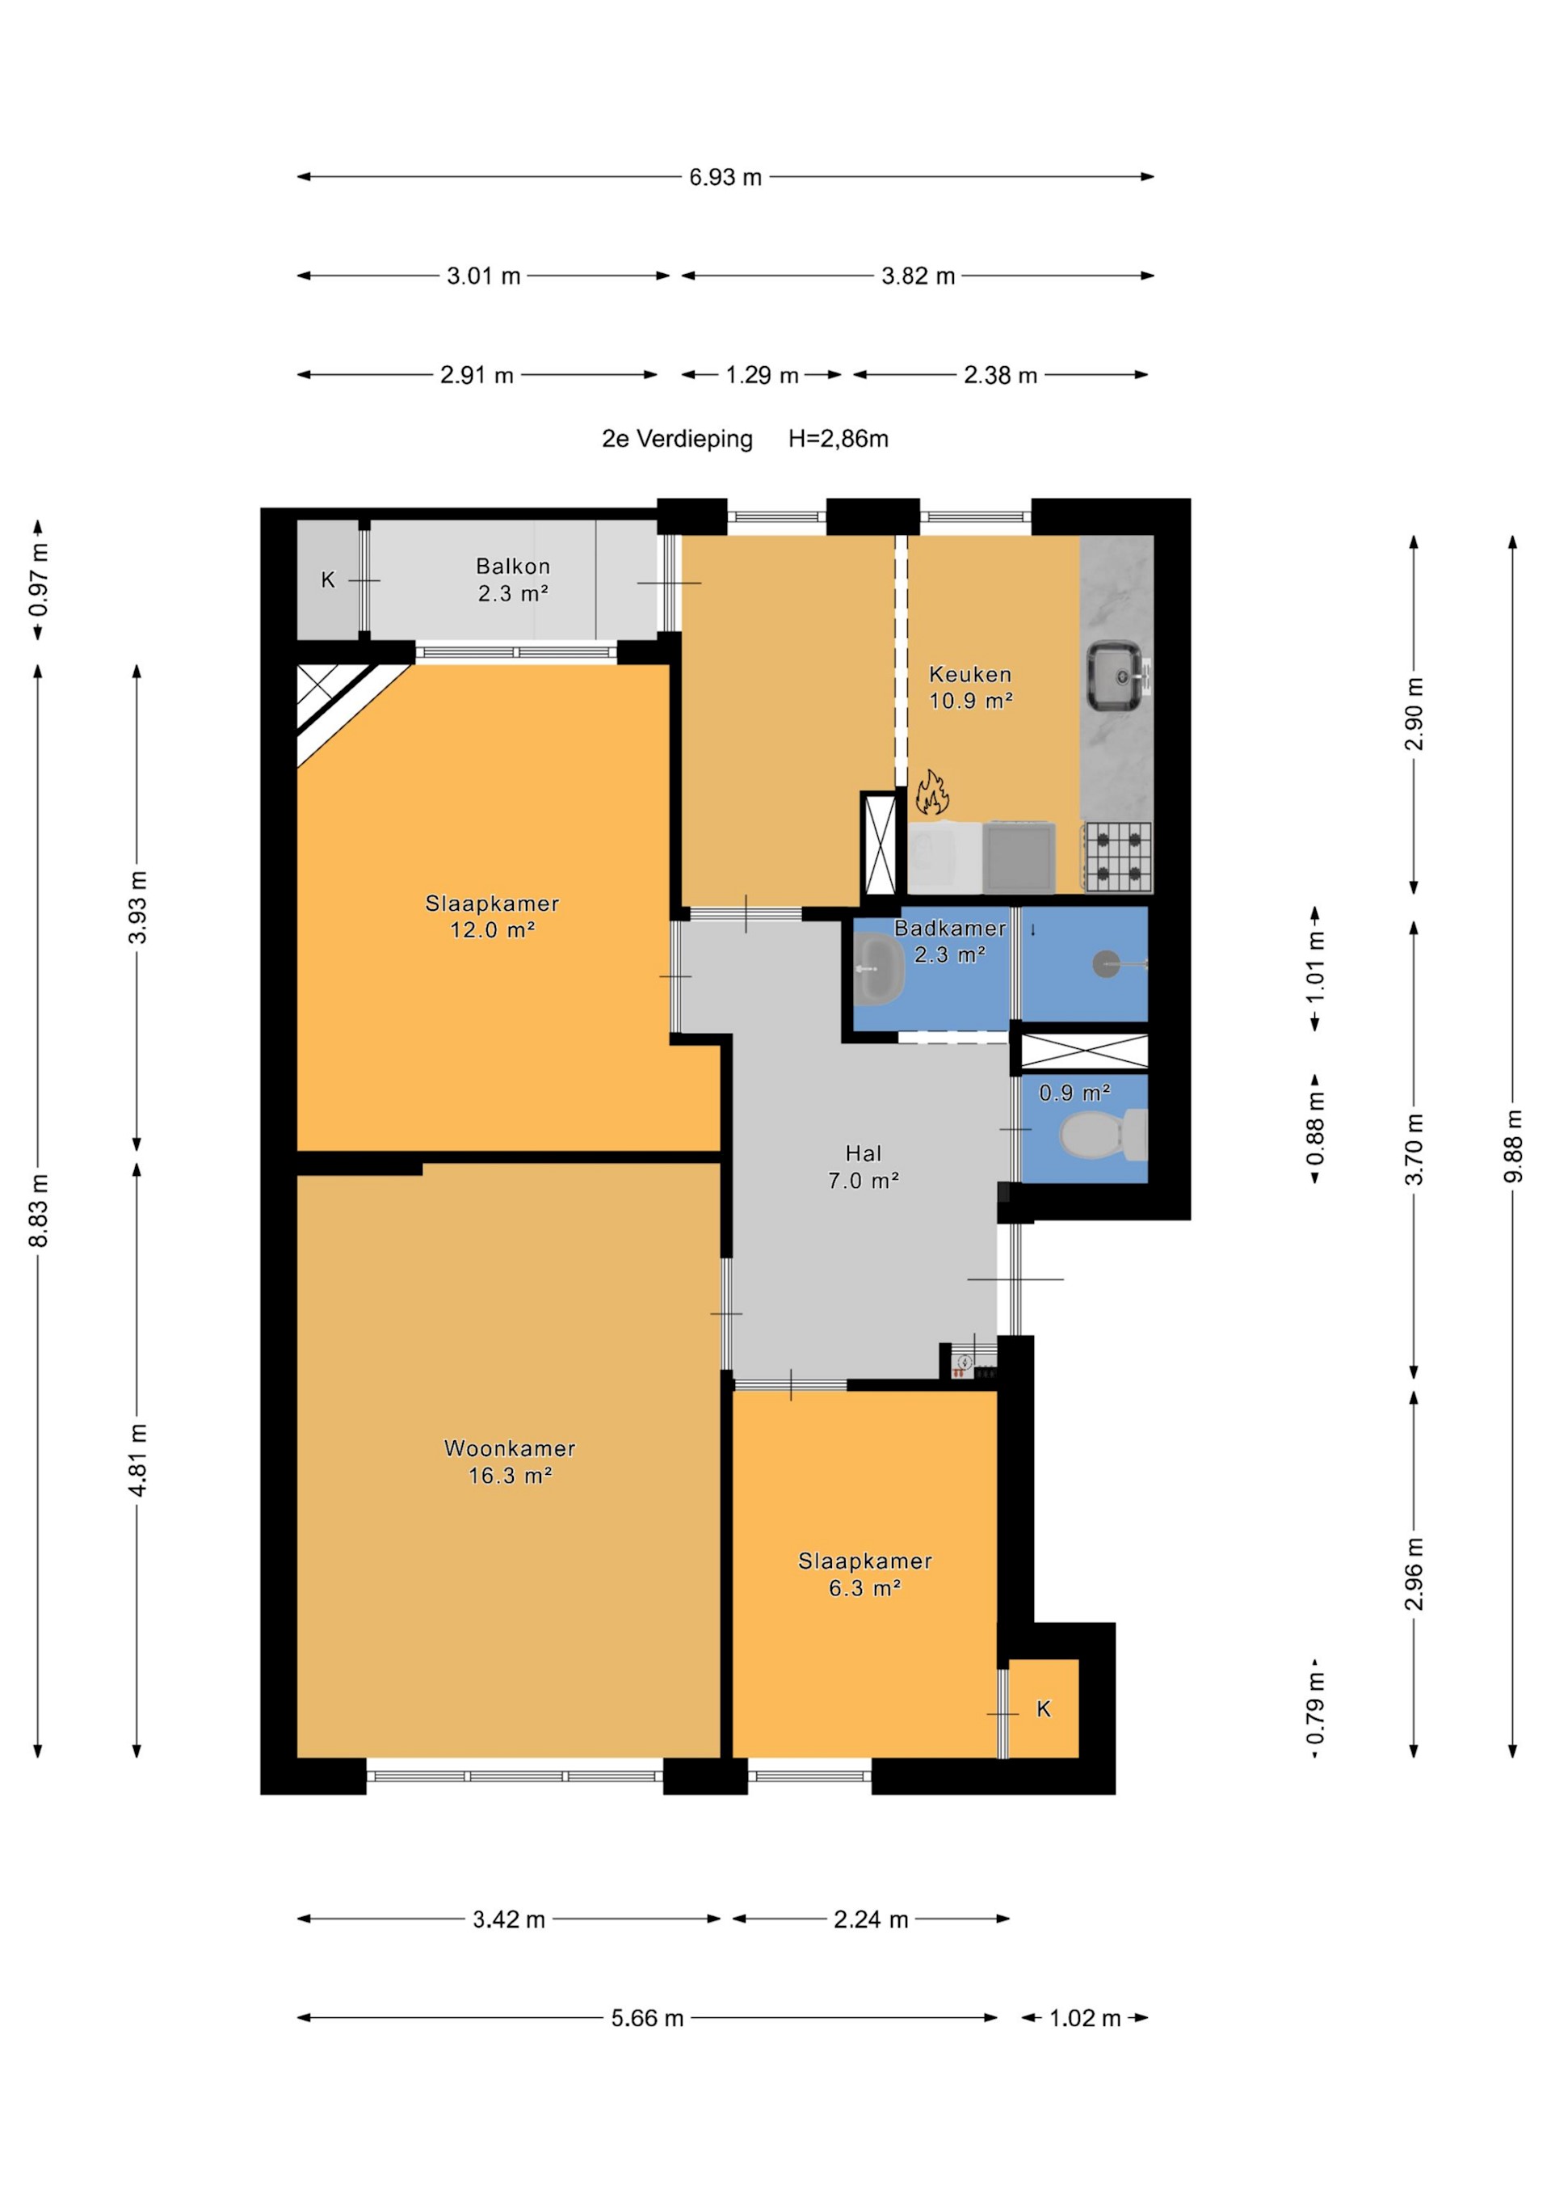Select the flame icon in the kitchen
pos(931,793)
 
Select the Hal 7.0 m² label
pos(863,1166)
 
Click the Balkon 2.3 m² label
pos(513,579)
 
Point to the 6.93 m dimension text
pos(725,177)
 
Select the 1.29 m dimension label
pos(762,375)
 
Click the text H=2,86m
pos(838,439)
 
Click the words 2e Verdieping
pos(677,439)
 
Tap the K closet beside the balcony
pos(328,580)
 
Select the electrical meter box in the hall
pos(968,1364)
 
